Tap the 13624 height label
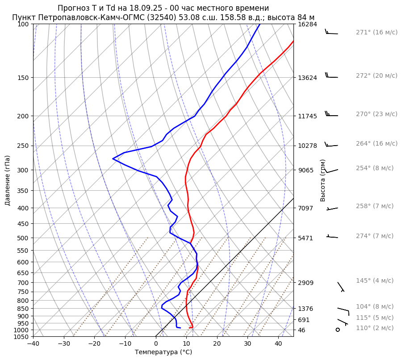(x=307, y=78)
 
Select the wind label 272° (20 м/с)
(x=376, y=75)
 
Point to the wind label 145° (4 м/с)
(x=374, y=280)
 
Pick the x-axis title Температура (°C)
(x=163, y=352)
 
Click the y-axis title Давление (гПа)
(x=8, y=180)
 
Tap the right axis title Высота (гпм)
(x=323, y=180)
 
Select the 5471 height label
(x=306, y=238)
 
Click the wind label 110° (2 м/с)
(x=374, y=328)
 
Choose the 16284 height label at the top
(x=307, y=24)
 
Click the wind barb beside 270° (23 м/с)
(x=331, y=114)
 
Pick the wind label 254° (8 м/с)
(x=374, y=168)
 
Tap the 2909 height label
(x=306, y=283)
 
